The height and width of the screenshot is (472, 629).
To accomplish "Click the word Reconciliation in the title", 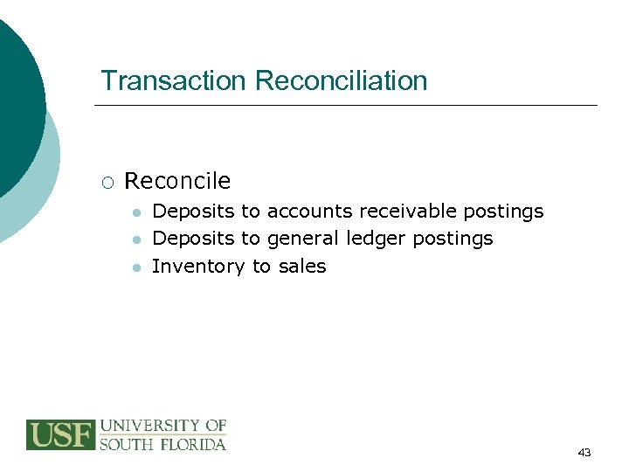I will coord(342,80).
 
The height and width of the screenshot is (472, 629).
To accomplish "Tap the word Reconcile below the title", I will coord(177,181).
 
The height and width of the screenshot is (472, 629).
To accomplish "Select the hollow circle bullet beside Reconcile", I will coord(107,182).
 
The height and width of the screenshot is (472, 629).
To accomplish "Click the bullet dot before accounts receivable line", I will coord(136,212).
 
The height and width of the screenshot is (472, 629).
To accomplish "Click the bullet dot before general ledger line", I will coord(136,239).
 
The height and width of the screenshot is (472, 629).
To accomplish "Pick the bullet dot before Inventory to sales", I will coord(136,267).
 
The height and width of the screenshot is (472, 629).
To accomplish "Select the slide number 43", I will coord(584,453).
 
